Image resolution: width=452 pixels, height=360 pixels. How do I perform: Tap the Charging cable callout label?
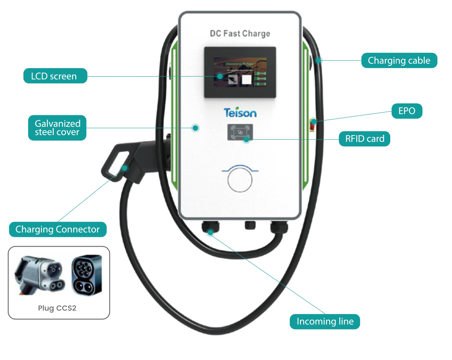coord(399,61)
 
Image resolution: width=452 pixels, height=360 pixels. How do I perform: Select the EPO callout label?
coord(407,111)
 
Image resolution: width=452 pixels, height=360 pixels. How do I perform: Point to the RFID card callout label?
coord(364,139)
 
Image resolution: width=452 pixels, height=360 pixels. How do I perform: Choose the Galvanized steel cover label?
coord(57,128)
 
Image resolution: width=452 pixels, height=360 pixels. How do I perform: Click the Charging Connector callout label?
coord(58,229)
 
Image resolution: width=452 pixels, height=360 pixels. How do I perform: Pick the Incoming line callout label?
coord(325,322)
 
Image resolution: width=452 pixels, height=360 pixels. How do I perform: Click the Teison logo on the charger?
coord(240,113)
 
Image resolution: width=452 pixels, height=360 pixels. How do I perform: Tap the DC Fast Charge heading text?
coord(240,33)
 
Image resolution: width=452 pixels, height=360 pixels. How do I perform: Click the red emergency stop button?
coord(313,123)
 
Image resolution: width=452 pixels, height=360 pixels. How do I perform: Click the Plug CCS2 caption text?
coord(57,308)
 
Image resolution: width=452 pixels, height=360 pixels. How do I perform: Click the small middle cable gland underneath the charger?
coord(250,225)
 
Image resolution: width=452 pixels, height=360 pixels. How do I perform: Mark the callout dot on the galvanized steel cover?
coord(196,128)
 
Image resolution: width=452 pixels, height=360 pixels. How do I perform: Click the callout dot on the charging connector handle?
coord(125,167)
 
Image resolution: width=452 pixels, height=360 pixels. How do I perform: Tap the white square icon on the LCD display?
coord(246,79)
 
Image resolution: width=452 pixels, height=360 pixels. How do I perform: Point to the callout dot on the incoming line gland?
coord(211,232)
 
